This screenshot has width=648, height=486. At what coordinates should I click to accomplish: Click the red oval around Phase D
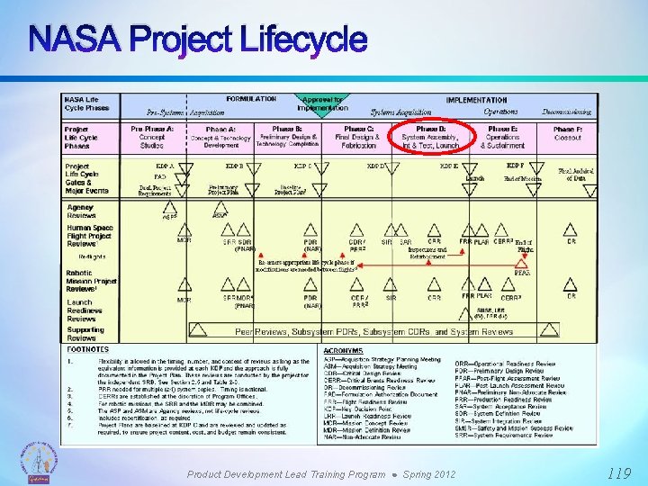[430, 136]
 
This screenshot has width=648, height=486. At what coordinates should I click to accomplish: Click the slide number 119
[619, 472]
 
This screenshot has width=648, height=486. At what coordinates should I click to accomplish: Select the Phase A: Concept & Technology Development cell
[220, 136]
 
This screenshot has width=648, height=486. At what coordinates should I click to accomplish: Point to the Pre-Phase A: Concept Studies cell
[152, 136]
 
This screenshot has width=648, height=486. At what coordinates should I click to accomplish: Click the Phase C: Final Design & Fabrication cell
[359, 136]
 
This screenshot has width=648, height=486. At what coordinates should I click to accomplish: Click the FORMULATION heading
[251, 100]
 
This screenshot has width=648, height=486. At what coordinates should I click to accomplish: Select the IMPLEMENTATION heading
[476, 100]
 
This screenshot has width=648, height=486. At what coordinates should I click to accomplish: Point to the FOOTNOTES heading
[87, 349]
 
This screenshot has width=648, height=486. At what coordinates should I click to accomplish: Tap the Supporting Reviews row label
[85, 333]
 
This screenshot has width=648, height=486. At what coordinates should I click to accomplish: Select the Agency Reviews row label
[82, 211]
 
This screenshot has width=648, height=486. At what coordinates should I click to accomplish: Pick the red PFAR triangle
[521, 263]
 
